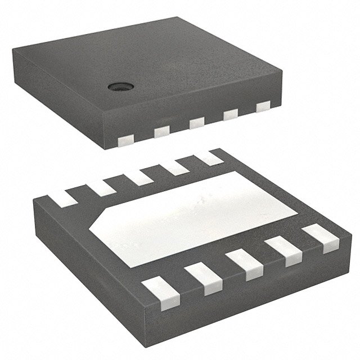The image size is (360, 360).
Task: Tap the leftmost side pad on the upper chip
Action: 125,138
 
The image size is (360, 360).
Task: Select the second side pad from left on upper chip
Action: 161,130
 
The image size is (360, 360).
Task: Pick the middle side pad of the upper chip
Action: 196,122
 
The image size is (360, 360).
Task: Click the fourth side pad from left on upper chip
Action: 229,114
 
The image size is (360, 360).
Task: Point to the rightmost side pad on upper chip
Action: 262,106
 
